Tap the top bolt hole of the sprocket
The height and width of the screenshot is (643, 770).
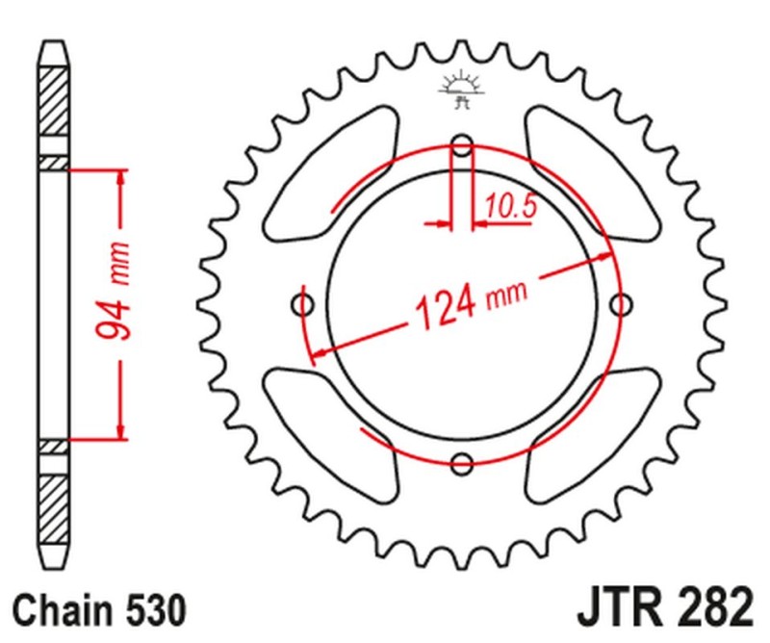pos(463,147)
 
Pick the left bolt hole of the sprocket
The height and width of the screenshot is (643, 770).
pos(304,306)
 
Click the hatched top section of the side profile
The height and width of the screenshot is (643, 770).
pos(54,101)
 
